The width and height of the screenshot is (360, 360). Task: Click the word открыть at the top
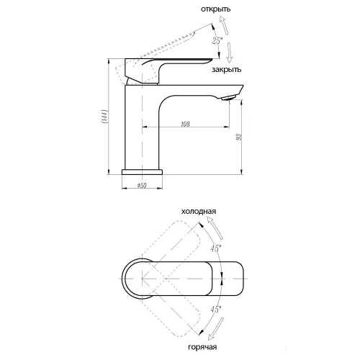click(215, 9)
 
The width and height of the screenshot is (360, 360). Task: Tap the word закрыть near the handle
click(226, 70)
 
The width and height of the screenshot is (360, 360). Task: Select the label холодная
click(199, 212)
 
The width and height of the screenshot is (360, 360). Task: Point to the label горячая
click(202, 347)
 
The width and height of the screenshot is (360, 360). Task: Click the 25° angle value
click(217, 40)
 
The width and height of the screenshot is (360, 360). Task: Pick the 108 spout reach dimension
click(185, 124)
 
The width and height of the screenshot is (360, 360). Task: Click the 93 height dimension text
click(239, 137)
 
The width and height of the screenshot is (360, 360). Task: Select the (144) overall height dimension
click(104, 117)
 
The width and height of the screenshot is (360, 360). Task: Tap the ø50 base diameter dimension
click(142, 186)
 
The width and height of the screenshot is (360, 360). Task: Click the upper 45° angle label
click(216, 248)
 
